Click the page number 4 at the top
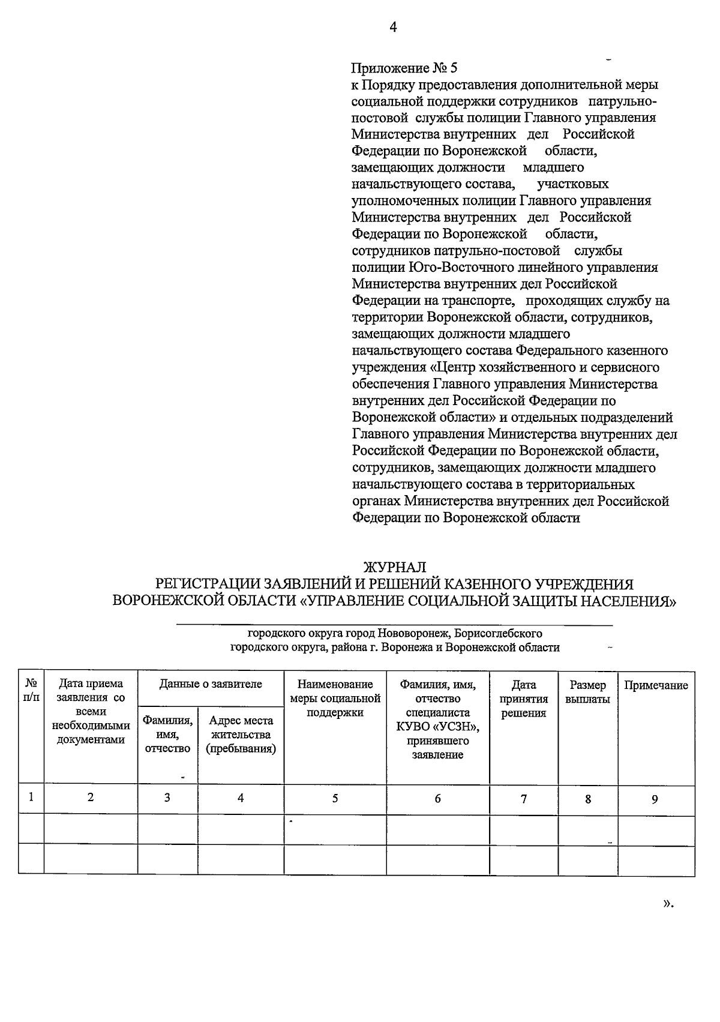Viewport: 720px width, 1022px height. pyautogui.click(x=393, y=27)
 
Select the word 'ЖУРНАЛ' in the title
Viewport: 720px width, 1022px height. pyautogui.click(x=395, y=567)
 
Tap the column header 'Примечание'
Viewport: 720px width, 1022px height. pyautogui.click(x=656, y=685)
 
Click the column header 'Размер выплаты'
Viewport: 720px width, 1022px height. pyautogui.click(x=587, y=692)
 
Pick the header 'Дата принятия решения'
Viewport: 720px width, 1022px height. pyautogui.click(x=523, y=699)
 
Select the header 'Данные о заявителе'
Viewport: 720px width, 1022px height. pyautogui.click(x=211, y=684)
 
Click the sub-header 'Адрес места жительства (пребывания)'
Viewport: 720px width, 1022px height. pyautogui.click(x=241, y=735)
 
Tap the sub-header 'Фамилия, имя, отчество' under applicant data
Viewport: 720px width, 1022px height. pyautogui.click(x=167, y=735)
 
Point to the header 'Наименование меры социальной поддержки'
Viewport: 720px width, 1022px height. pyautogui.click(x=335, y=699)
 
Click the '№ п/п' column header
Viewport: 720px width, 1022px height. pyautogui.click(x=31, y=691)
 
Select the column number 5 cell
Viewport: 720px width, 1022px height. pyautogui.click(x=335, y=798)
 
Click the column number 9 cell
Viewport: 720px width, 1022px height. pyautogui.click(x=655, y=799)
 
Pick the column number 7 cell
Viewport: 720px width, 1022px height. pyautogui.click(x=523, y=799)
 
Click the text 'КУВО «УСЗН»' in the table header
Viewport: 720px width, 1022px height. pyautogui.click(x=437, y=727)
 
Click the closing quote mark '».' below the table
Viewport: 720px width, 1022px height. pyautogui.click(x=668, y=904)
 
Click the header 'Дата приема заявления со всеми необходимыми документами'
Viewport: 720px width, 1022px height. pyautogui.click(x=91, y=712)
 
